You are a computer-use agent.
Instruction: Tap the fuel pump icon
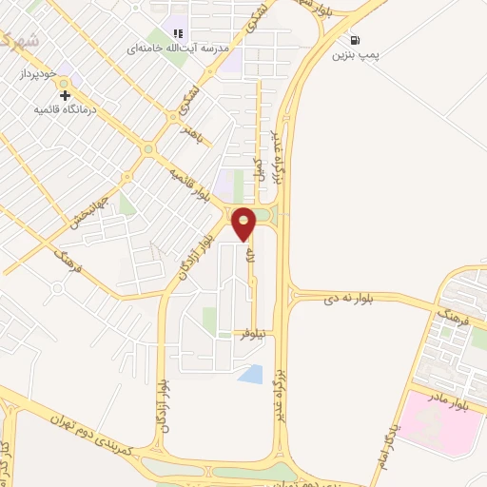coord(356,40)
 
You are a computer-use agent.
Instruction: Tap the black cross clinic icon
coord(65,95)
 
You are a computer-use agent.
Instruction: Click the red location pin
coord(244,224)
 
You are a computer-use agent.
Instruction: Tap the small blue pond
coord(250,374)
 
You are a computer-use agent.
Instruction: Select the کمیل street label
coord(257,171)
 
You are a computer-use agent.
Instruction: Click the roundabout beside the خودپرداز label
coord(54,72)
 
